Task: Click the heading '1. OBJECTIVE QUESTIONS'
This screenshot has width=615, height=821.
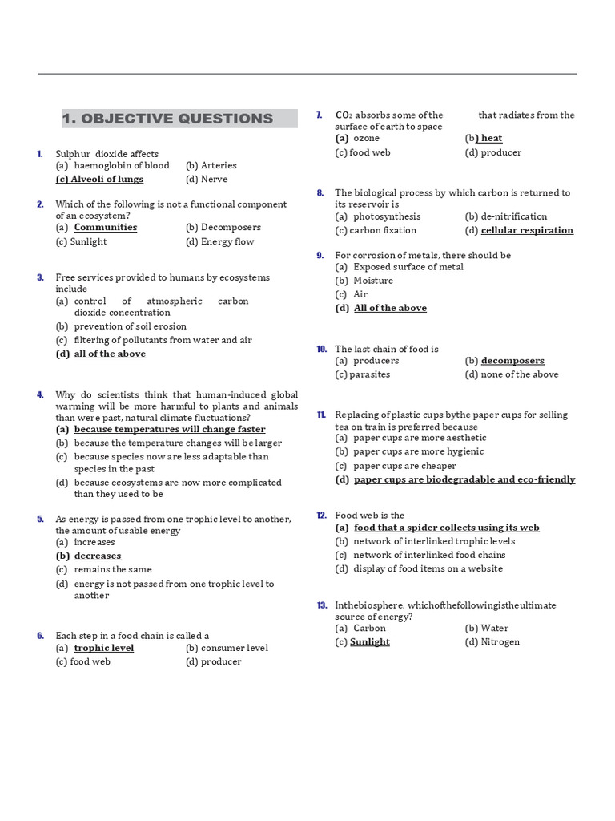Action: [x=168, y=119]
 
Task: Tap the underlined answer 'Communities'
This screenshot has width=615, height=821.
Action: [x=106, y=227]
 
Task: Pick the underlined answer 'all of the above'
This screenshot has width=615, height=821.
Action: [x=110, y=354]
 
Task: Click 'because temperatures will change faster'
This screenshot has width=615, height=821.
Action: [x=170, y=429]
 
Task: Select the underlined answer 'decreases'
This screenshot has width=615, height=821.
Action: [x=98, y=556]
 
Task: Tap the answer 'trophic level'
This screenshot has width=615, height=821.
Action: [x=104, y=648]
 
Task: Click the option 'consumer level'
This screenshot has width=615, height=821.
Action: [x=234, y=648]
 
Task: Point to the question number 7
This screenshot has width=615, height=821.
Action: [x=319, y=115]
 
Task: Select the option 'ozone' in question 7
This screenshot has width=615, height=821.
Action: [x=366, y=138]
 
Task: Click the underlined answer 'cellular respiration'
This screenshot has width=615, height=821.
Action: [x=527, y=230]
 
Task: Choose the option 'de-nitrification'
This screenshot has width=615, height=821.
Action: [x=513, y=216]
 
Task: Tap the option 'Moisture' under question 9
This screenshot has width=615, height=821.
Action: [x=373, y=281]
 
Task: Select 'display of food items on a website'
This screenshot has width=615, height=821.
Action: [x=428, y=568]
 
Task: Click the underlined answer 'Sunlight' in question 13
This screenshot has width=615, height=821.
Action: [x=370, y=641]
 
